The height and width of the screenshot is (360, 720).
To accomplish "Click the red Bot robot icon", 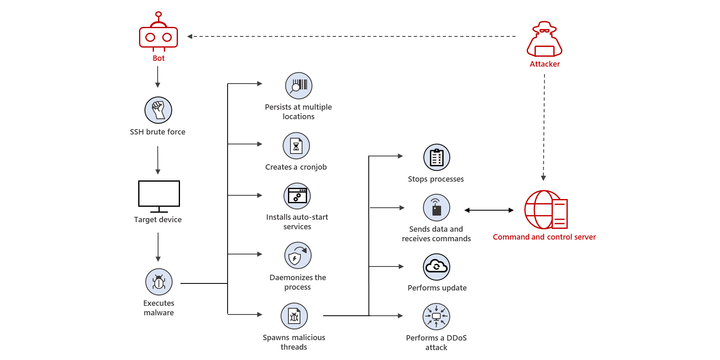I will coord(158,35).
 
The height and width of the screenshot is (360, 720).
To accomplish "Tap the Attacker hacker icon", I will coord(545,41).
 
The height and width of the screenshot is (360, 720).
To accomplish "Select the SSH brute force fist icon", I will coord(158,110).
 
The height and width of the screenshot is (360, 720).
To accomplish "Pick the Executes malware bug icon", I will coord(159,282).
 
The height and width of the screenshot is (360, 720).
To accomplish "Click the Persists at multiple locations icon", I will coord(298,86).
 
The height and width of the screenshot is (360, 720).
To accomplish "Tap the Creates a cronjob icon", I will coord(296,146).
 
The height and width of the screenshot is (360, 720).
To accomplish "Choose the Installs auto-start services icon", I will coord(297,196).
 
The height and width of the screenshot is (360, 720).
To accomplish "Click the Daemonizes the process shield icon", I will coord(298,256).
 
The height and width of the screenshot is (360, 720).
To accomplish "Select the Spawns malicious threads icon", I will coord(294,316).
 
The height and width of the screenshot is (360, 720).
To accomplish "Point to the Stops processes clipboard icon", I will coord(437,158).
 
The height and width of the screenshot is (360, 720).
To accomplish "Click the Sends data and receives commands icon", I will coord(437,208).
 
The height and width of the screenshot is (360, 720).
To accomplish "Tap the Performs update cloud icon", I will coord(437,267).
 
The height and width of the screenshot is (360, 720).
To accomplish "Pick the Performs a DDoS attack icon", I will coord(436,317).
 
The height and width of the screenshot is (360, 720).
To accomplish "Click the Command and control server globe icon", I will coord(545,210).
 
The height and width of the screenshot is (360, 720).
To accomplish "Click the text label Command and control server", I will coord(544,237).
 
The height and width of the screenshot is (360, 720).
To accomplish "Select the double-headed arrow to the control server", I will coord(489,210).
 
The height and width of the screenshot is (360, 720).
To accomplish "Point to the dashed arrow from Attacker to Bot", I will coord(352,36).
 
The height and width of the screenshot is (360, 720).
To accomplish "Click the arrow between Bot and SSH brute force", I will coord(158,77).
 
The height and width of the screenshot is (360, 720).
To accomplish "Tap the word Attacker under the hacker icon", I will coord(545,64).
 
